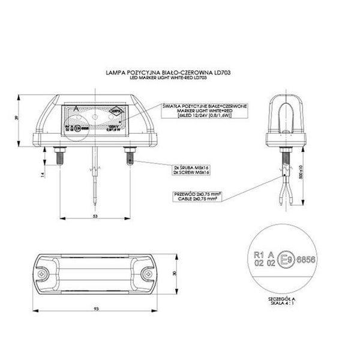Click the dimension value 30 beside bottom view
click(175, 274)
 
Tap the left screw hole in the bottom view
click(48, 274)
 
